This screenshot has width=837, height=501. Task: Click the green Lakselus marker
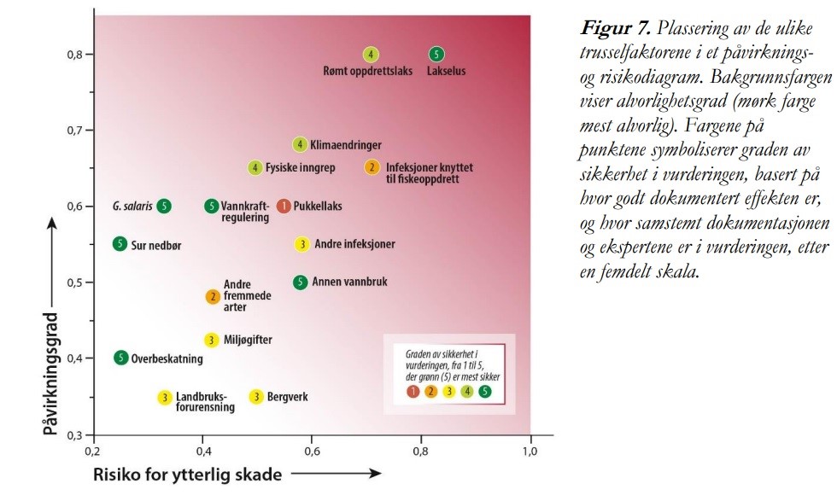pos(436,54)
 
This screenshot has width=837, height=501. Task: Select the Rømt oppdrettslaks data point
pos(371,54)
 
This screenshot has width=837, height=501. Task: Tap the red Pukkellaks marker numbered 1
pos(284,206)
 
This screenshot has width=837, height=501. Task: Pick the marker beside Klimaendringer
pos(300,144)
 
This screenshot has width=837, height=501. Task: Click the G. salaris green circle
pos(164,206)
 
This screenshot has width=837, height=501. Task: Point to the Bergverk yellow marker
pos(257,397)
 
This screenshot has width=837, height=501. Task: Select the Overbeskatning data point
pos(121,358)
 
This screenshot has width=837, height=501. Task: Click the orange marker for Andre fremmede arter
pos(213,297)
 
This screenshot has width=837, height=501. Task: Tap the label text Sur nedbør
pos(155,246)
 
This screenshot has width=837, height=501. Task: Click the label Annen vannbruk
pos(349,282)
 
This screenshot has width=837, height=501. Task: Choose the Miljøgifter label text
pos(248,340)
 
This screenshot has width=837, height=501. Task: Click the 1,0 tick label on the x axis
pos(530,451)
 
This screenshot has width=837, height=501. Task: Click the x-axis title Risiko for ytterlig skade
pos(187,475)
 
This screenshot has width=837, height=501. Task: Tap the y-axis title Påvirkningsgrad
pos(50,374)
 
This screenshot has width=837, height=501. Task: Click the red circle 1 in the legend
pos(413,392)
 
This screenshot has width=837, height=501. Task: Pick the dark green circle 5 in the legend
pos(485,392)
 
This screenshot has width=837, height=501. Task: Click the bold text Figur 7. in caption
pos(616,27)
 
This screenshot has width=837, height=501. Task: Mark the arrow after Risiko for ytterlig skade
pos(337,473)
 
